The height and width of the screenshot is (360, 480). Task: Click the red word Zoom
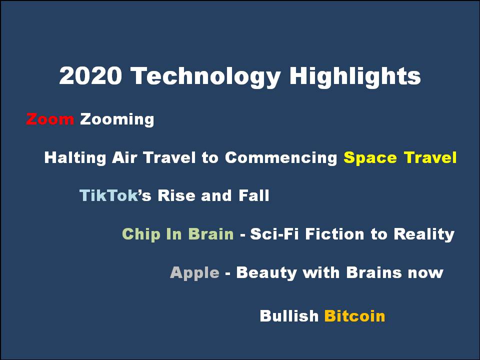click(x=50, y=119)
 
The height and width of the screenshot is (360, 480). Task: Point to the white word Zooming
click(x=117, y=120)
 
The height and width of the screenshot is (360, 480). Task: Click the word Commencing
click(x=281, y=158)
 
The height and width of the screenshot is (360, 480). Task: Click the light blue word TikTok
click(x=108, y=195)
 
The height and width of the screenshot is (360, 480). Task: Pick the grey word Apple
click(x=194, y=273)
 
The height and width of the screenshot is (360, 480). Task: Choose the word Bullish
click(x=289, y=316)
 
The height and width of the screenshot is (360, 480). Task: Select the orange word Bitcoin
click(x=354, y=316)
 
